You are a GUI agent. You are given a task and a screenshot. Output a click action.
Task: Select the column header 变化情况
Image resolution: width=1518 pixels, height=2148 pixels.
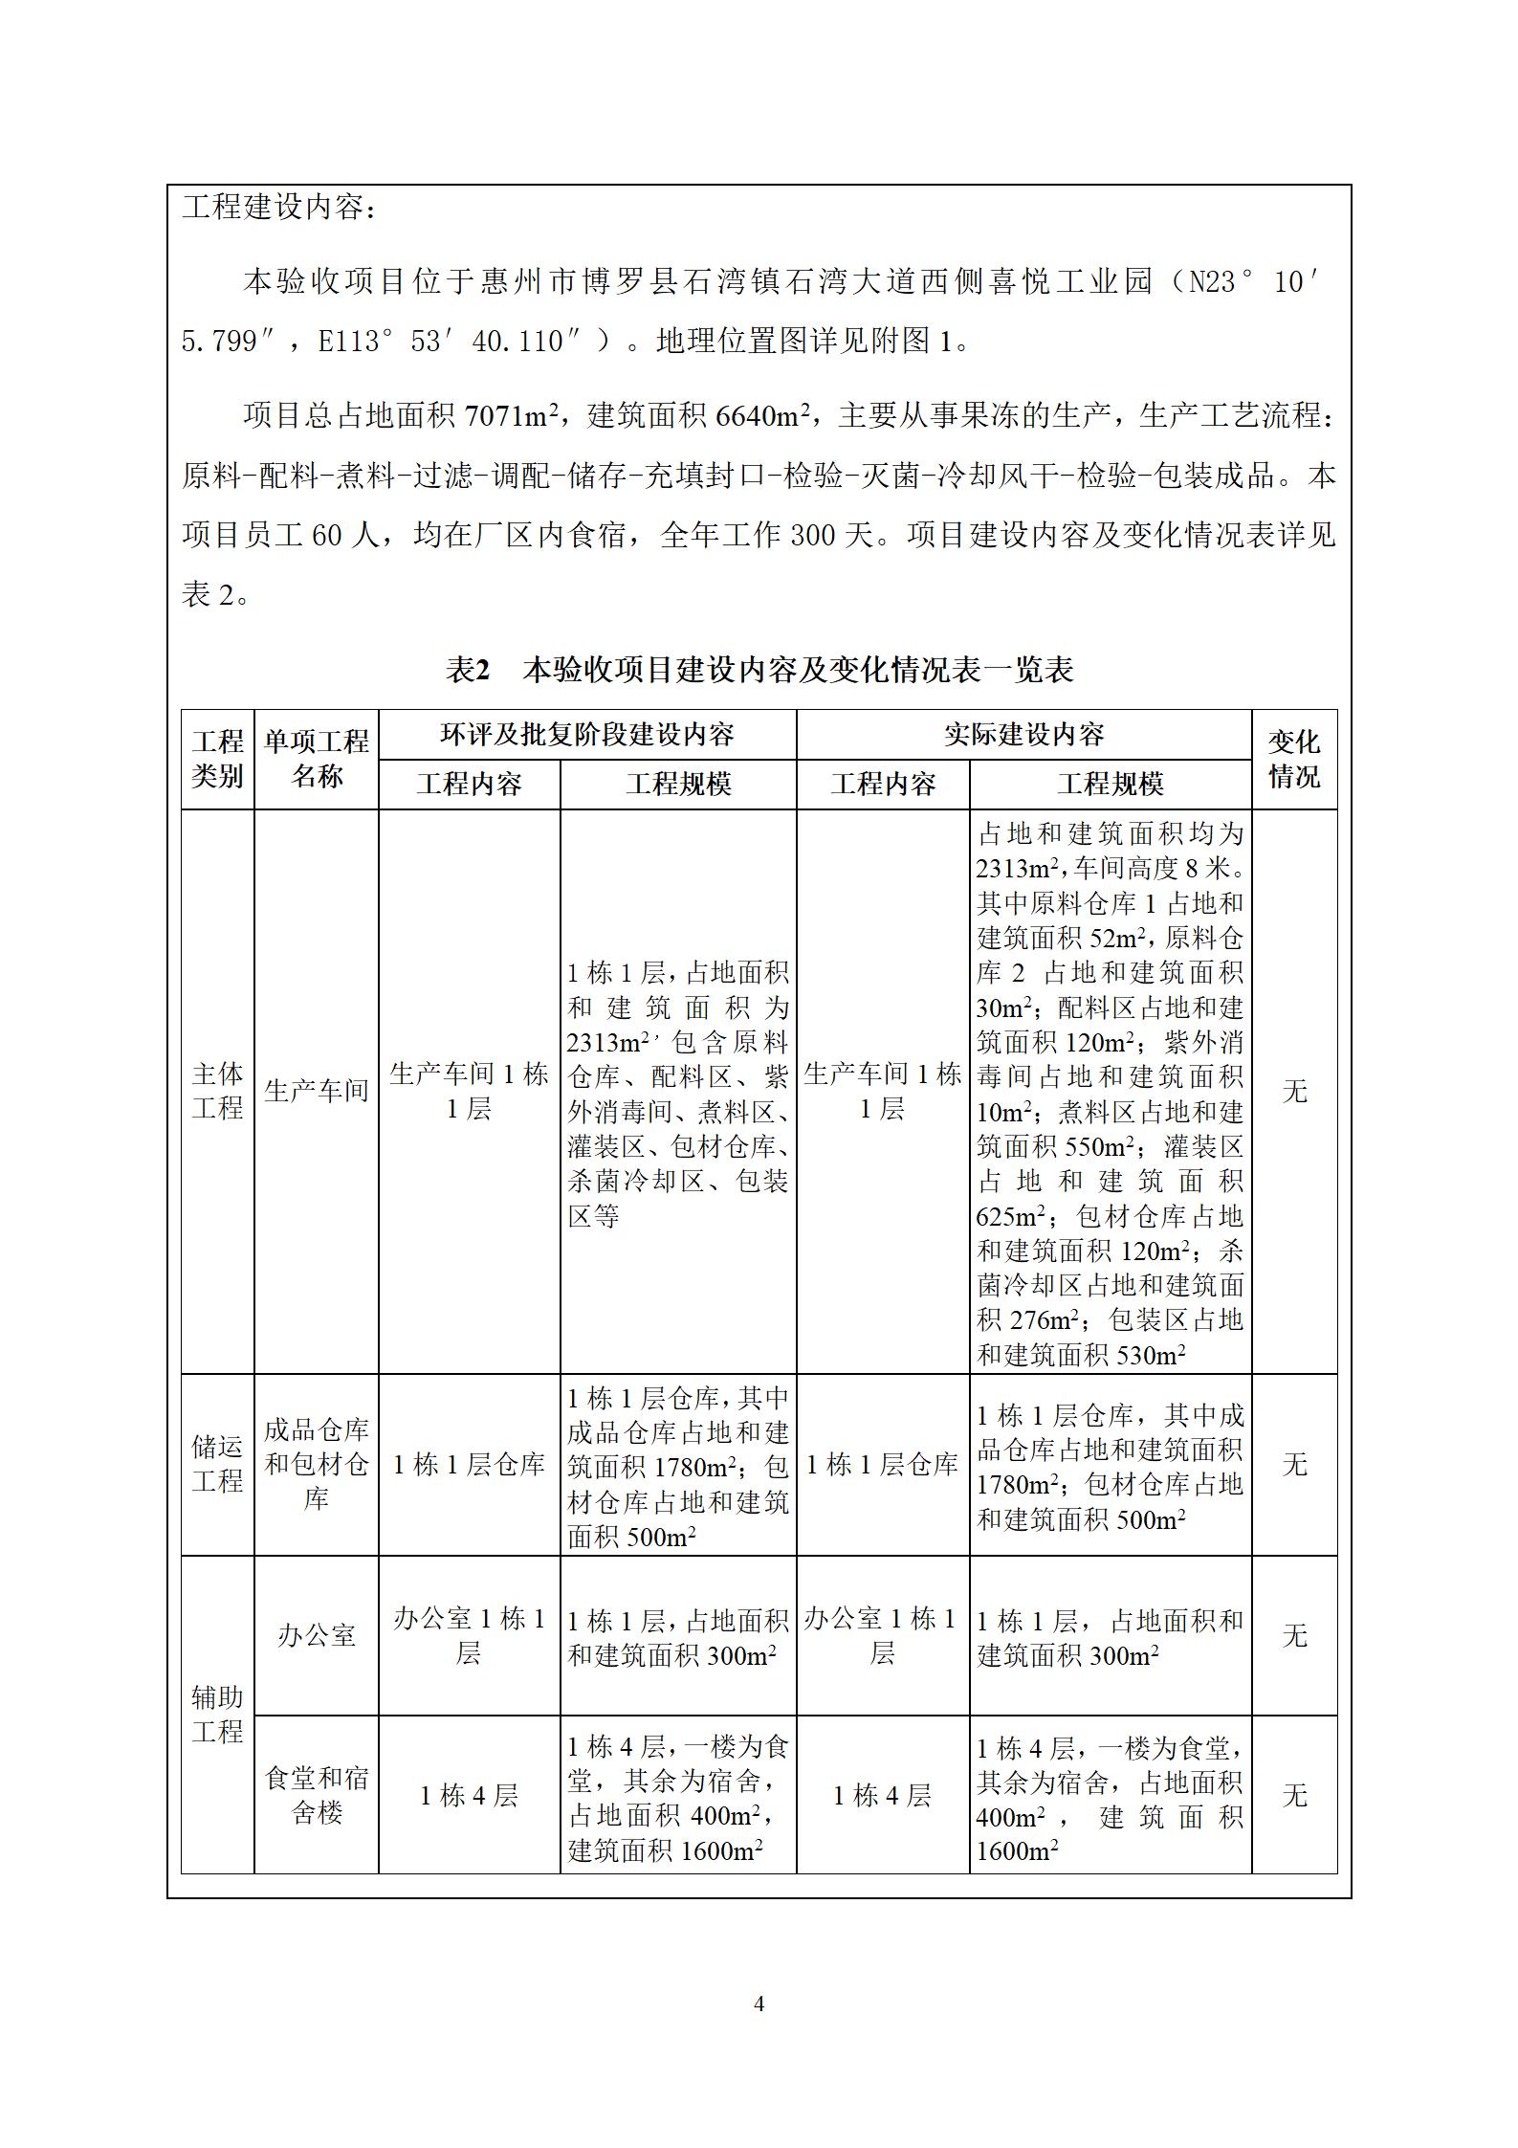point(1293,759)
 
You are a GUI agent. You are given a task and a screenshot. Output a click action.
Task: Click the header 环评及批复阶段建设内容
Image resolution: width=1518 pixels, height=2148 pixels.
point(586,734)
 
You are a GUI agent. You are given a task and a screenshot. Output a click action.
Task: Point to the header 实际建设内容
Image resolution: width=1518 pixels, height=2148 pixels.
point(1023,734)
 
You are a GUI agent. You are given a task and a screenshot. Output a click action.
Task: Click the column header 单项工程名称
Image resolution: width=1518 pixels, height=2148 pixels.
point(316,759)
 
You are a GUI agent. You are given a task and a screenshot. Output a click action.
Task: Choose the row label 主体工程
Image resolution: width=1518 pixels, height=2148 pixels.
point(217,1091)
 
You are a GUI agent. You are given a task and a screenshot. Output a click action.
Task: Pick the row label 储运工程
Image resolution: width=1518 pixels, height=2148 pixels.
point(217,1464)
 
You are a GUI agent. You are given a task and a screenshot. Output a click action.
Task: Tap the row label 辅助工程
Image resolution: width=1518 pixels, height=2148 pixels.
point(217,1714)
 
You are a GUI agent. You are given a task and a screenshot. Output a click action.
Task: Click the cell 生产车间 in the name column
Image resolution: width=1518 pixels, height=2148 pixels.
point(316,1091)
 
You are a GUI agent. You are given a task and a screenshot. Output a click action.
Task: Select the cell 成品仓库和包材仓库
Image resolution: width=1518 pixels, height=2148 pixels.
point(316,1464)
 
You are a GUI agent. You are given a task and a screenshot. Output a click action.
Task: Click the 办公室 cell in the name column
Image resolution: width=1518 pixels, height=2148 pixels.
point(316,1635)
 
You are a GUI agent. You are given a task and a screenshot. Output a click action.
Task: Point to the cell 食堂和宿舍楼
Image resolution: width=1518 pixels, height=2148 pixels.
point(316,1795)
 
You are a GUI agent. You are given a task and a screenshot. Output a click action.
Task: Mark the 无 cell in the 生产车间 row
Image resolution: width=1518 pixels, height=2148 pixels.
point(1293,1091)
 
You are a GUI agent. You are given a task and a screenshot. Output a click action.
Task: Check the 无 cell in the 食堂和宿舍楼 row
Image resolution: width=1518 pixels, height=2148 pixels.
point(1293,1795)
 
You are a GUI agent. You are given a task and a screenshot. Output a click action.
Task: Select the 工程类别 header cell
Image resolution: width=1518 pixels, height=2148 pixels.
point(217,759)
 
